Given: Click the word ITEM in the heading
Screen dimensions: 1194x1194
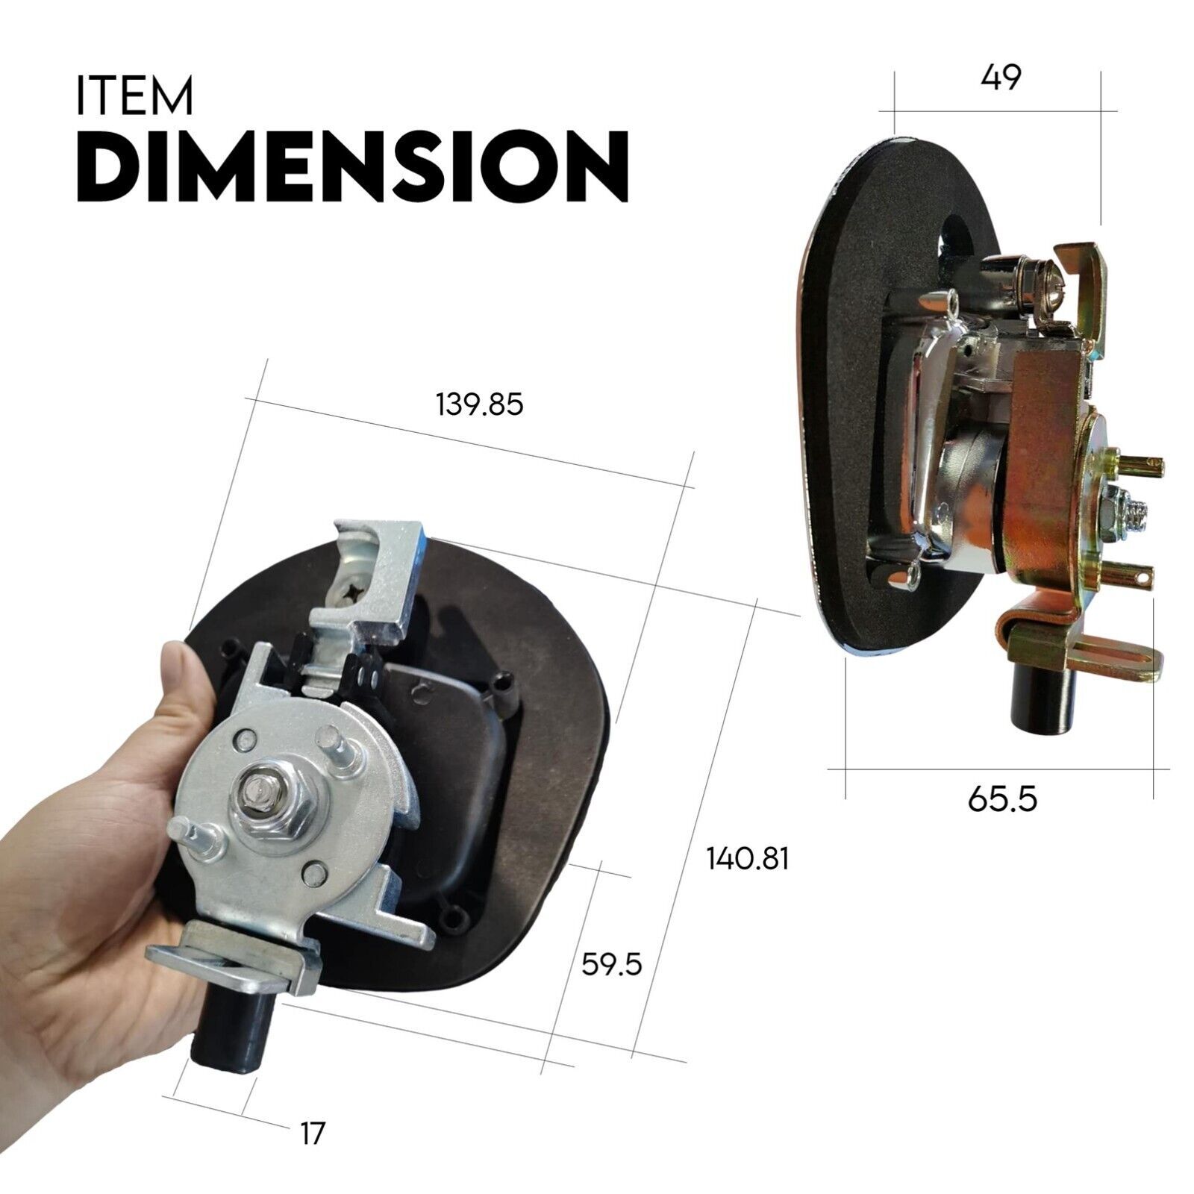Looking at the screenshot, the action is click(x=134, y=95).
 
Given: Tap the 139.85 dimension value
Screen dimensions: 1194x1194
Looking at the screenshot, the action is click(x=480, y=404).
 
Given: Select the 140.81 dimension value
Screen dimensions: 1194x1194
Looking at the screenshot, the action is click(x=748, y=859).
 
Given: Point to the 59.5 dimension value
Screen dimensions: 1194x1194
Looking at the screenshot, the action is click(x=612, y=965).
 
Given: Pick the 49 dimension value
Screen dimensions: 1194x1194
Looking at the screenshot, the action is click(x=1001, y=78).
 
